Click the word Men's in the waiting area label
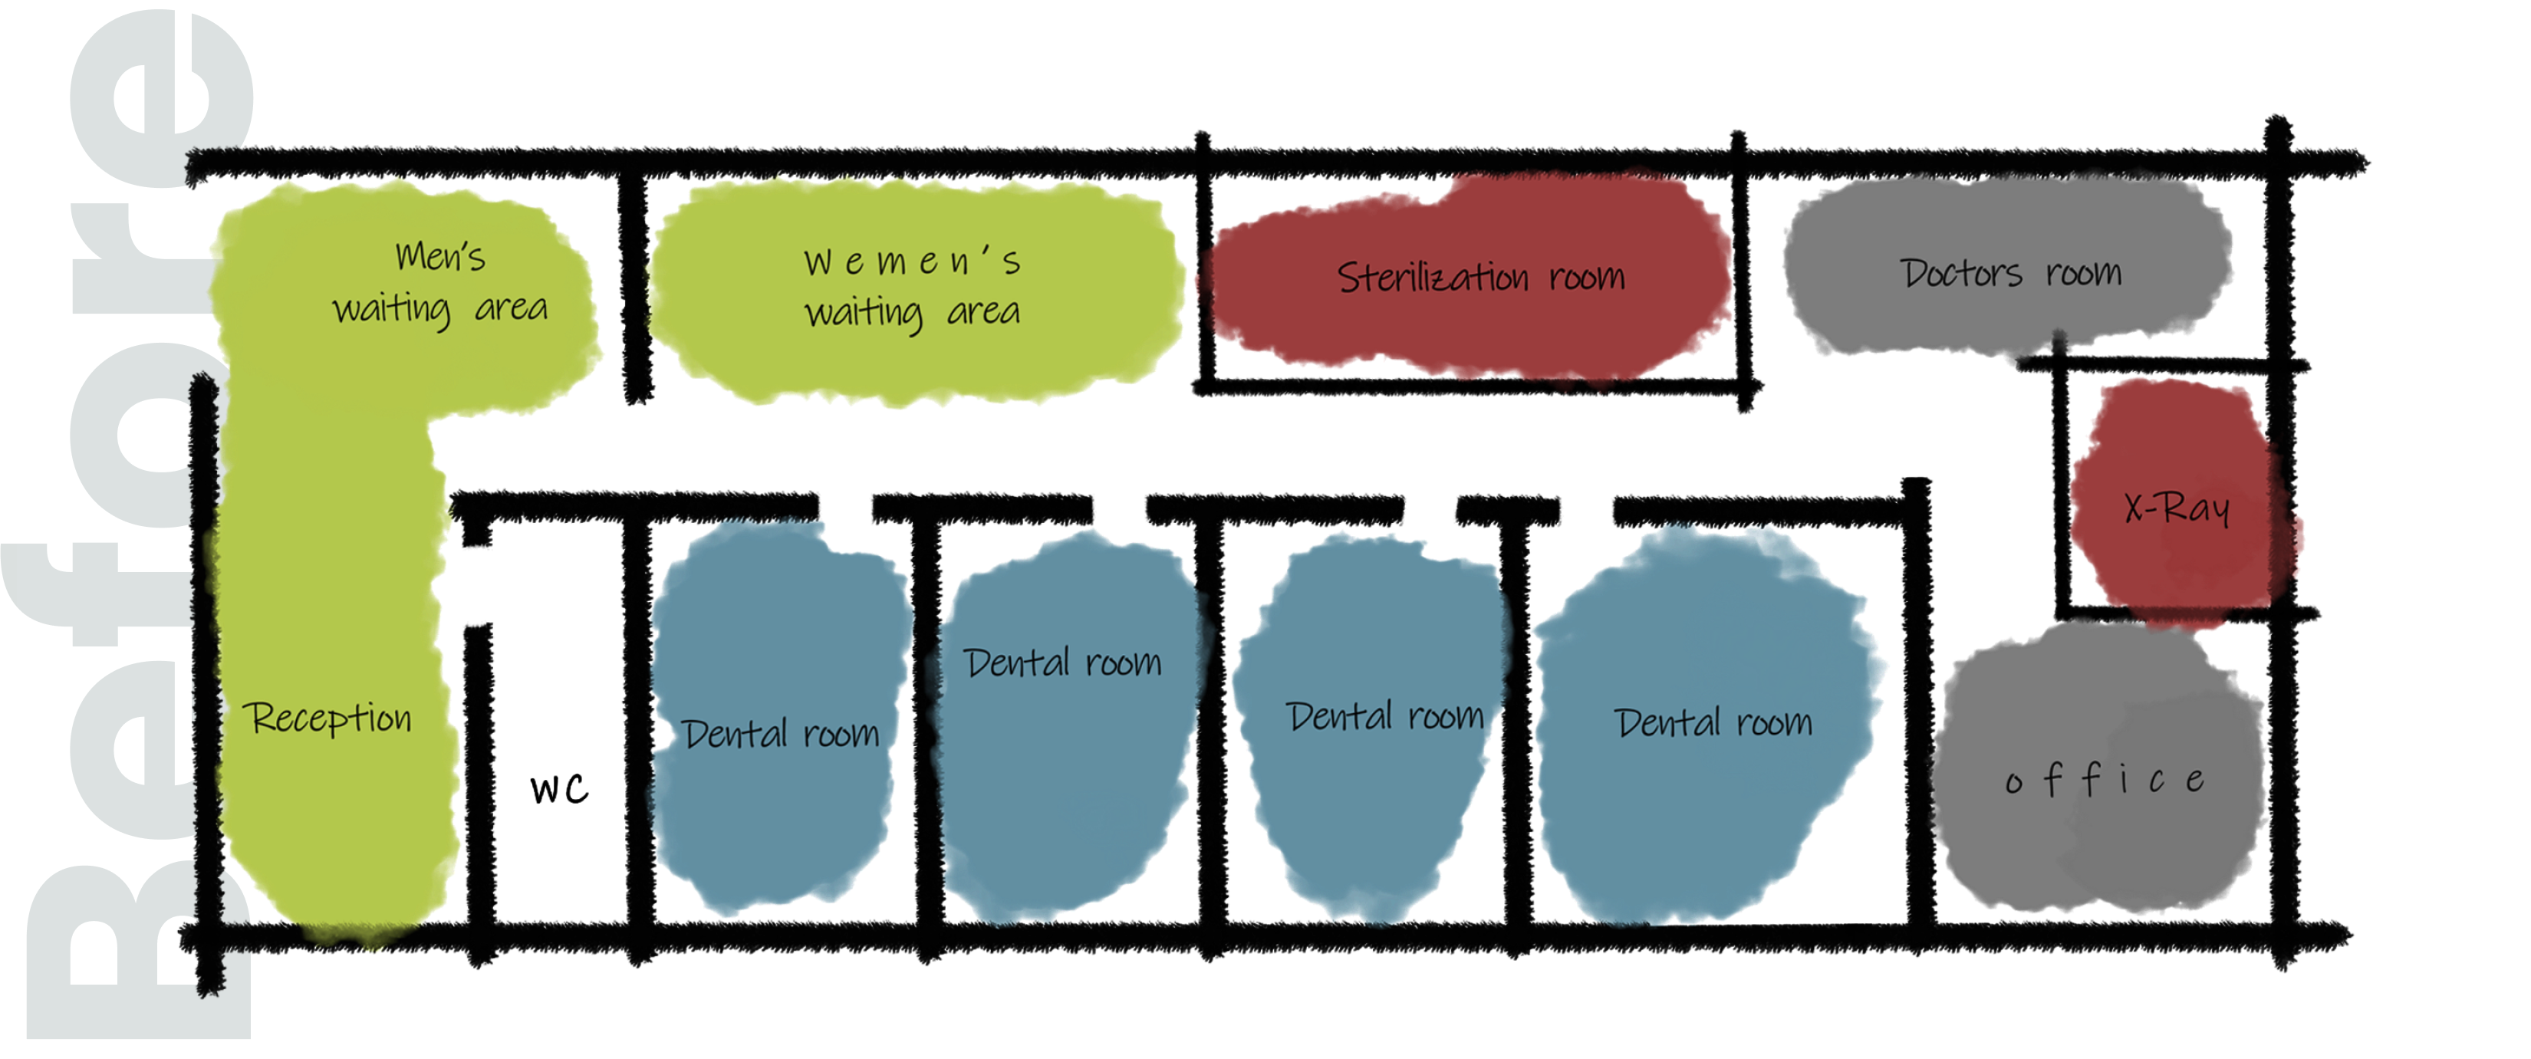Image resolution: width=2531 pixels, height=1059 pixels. point(440,256)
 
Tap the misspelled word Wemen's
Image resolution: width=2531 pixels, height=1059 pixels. point(912,261)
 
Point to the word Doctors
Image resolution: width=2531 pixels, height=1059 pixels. point(1961,273)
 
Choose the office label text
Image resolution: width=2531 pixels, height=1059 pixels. point(2105,780)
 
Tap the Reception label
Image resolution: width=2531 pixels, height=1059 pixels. point(327,718)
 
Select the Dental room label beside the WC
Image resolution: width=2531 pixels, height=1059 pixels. point(780,734)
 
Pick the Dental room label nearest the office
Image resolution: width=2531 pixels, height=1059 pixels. point(1713,723)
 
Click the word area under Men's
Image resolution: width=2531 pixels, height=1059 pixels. point(511,308)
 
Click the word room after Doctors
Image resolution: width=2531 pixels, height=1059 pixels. point(2083,272)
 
